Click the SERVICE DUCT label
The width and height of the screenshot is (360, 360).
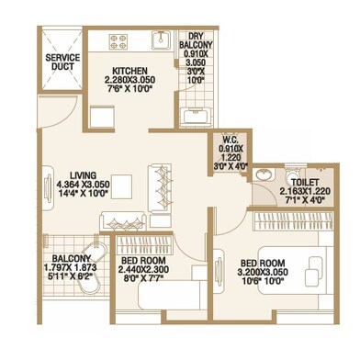coord(62,62)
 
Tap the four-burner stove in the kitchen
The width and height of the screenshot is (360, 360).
coord(118,41)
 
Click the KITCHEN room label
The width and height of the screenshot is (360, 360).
coord(129,71)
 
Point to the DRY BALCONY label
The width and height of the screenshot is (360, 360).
coord(196,40)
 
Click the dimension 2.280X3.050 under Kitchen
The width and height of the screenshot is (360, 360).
coord(129,80)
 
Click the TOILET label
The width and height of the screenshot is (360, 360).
coord(305,183)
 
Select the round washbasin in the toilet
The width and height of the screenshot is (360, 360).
coord(263,174)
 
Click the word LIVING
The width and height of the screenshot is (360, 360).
coord(84,175)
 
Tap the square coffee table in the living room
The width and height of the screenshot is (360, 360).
coord(121,185)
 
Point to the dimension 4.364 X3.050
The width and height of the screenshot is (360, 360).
coord(84,185)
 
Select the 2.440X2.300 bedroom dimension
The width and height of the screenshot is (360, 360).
coord(143,269)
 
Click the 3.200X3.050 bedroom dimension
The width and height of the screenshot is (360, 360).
coord(263,272)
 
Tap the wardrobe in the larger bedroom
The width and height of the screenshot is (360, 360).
coord(293,220)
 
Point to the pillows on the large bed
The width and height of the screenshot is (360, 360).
coord(312,268)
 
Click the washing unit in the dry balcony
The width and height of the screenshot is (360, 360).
coord(196,117)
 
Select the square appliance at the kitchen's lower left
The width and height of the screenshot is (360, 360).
coord(102,117)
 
